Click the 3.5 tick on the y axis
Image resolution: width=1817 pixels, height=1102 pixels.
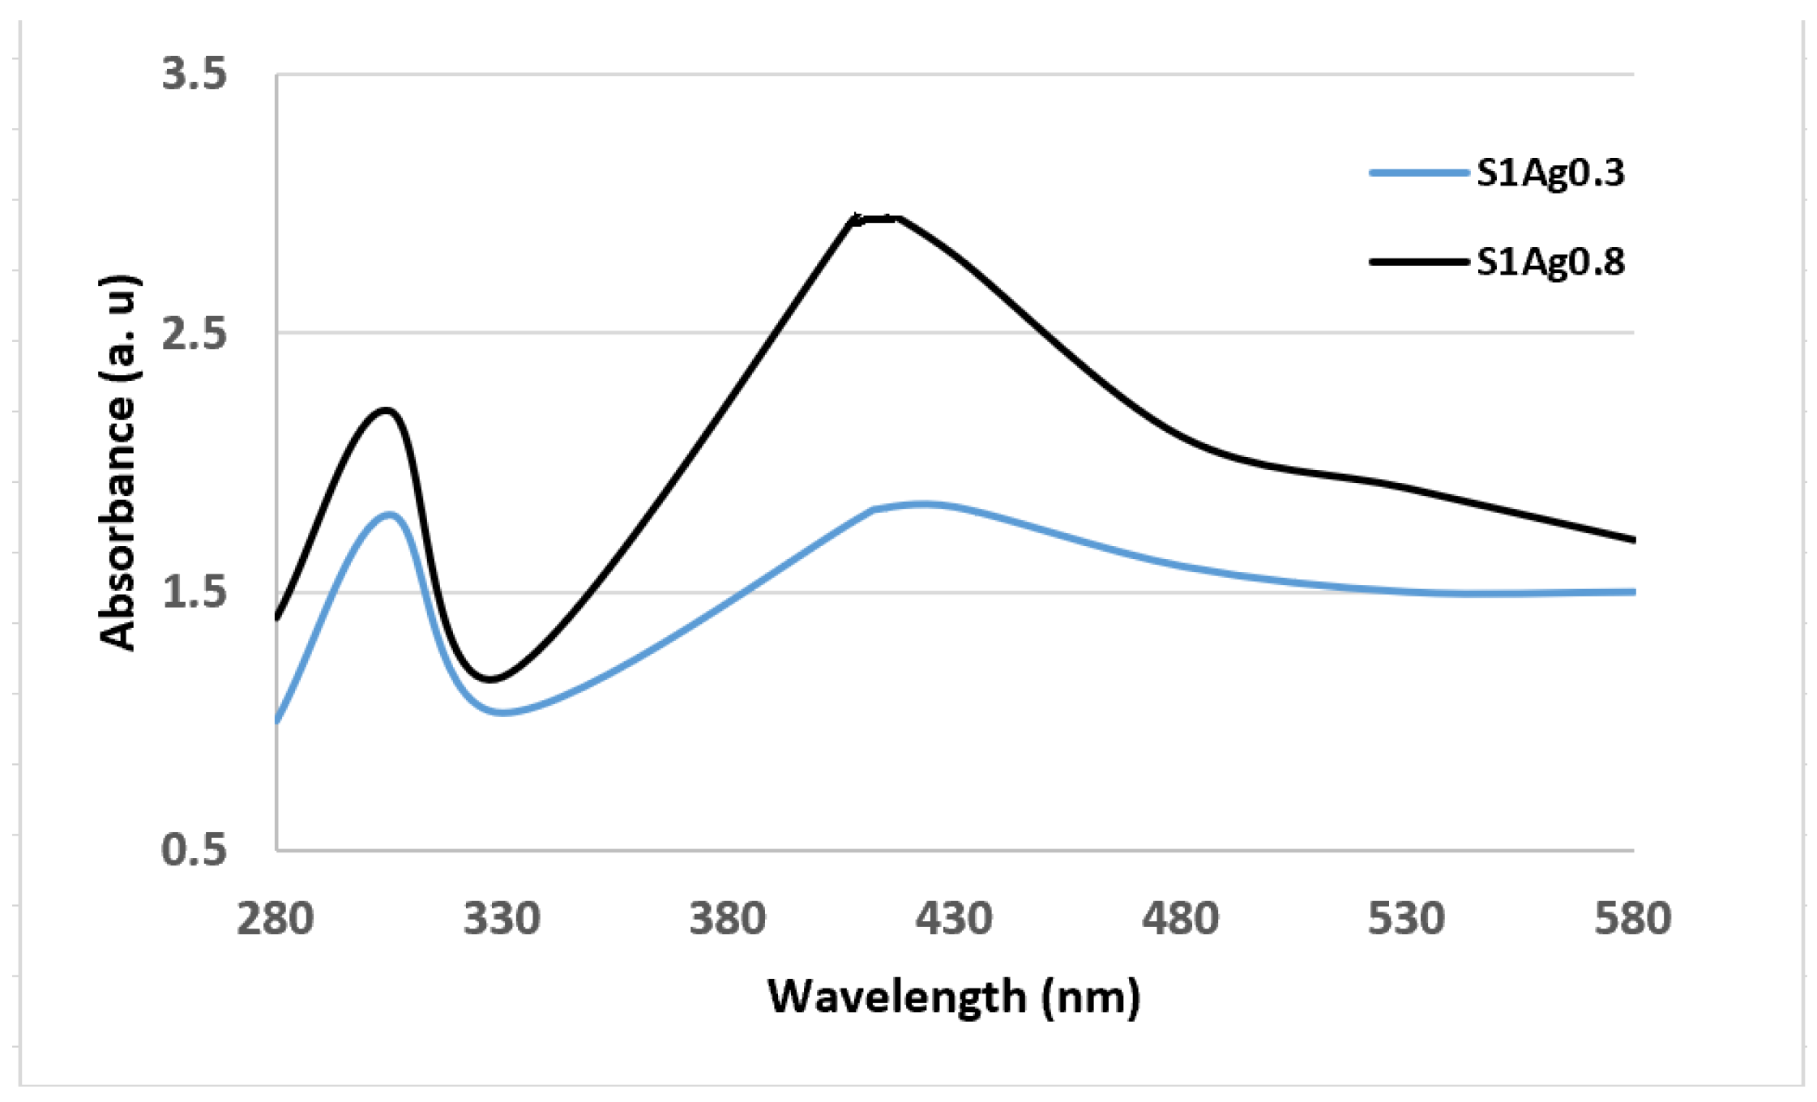click(194, 75)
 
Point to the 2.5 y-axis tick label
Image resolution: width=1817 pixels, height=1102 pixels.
click(194, 333)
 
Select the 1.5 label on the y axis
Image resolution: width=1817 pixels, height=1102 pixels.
click(194, 592)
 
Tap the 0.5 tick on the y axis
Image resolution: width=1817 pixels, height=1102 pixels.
click(194, 850)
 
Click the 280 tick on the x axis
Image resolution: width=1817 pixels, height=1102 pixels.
click(276, 919)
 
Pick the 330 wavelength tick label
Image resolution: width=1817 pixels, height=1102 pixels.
click(502, 919)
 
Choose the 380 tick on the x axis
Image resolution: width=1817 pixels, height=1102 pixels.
click(728, 919)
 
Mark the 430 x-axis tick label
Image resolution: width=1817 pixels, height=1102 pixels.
click(954, 919)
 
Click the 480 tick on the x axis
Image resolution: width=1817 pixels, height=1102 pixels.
click(1181, 919)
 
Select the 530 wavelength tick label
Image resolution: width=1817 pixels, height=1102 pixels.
click(1407, 919)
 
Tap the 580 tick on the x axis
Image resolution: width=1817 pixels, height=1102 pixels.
click(1632, 919)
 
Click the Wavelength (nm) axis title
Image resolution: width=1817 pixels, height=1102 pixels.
click(954, 996)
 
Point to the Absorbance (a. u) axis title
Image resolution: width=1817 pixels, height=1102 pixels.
click(118, 462)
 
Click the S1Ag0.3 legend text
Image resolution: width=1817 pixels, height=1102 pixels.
click(1550, 173)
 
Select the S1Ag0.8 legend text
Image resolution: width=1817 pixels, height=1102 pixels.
click(1550, 262)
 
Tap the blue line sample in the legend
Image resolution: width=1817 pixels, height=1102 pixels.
click(1418, 173)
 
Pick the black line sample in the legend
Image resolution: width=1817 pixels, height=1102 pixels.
click(1418, 262)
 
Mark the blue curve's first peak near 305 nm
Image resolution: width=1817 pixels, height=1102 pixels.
click(391, 514)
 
